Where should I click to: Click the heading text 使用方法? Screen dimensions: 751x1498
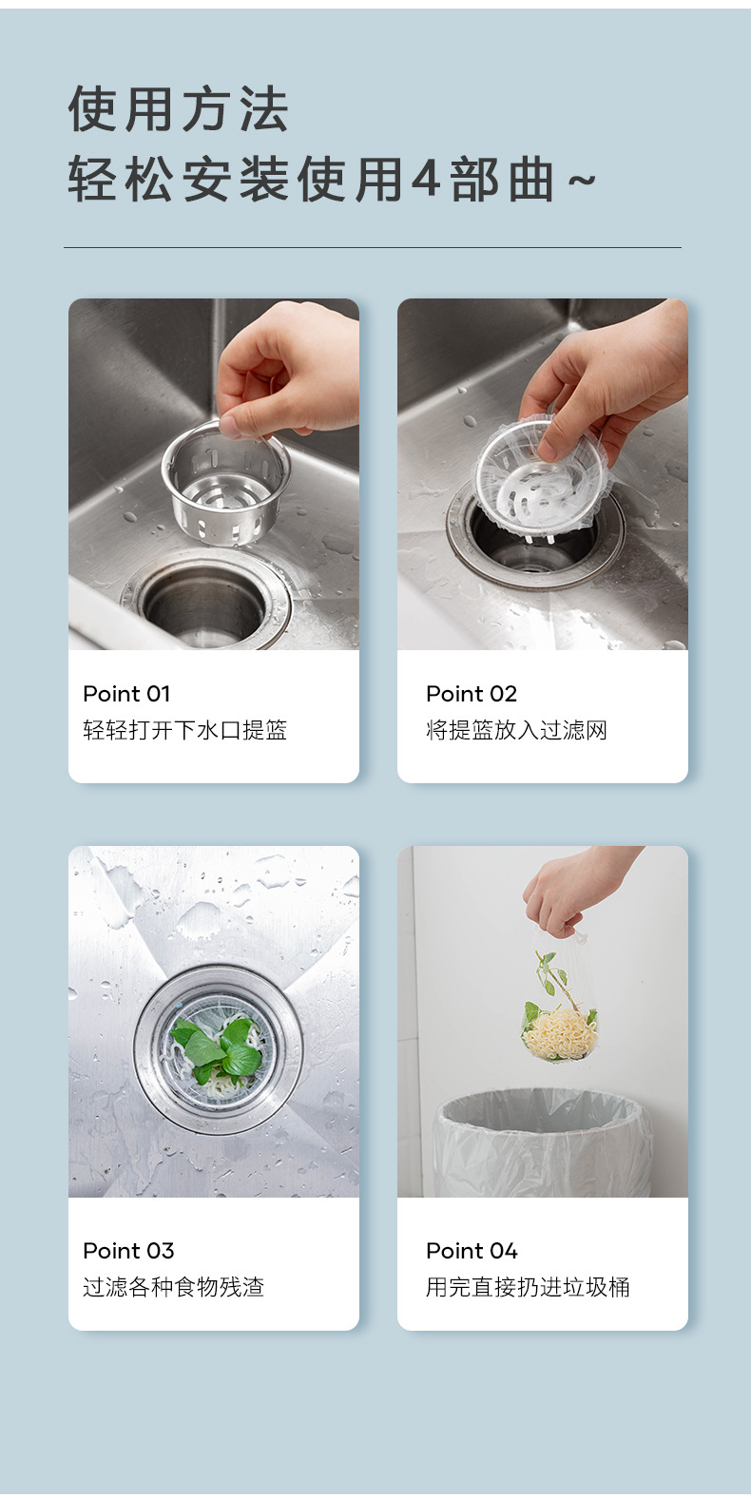pyautogui.click(x=178, y=108)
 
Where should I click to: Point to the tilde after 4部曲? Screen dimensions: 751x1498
pyautogui.click(x=582, y=180)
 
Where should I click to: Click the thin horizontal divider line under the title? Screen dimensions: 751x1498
pyautogui.click(x=373, y=248)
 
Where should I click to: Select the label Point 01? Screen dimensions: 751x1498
pyautogui.click(x=126, y=694)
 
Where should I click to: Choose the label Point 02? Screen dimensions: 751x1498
pyautogui.click(x=472, y=694)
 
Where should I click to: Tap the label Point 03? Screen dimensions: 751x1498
pyautogui.click(x=128, y=1251)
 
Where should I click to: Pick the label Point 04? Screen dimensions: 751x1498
pyautogui.click(x=472, y=1251)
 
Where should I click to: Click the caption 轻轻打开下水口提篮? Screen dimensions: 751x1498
pyautogui.click(x=185, y=730)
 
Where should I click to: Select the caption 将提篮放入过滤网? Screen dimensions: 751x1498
pyautogui.click(x=516, y=730)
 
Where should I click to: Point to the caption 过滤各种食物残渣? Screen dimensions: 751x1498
pyautogui.click(x=174, y=1287)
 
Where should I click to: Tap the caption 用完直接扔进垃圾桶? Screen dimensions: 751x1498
pyautogui.click(x=528, y=1287)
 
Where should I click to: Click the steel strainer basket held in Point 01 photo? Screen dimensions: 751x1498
pyautogui.click(x=225, y=483)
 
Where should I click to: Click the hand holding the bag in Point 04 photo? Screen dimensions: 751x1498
pyautogui.click(x=575, y=886)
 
